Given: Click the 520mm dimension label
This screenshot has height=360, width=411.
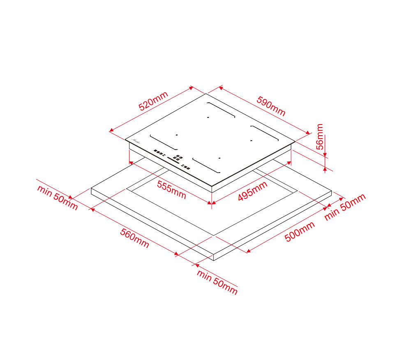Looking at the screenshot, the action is point(153,101).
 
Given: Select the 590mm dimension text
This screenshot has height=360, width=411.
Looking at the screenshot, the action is point(271,106).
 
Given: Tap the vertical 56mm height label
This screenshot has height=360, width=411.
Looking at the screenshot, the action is point(320,137).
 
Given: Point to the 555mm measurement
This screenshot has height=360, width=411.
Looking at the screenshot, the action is point(171,190).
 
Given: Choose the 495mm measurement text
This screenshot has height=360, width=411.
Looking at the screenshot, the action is point(253,191).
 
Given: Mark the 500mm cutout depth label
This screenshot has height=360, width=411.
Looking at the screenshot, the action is point(300,231).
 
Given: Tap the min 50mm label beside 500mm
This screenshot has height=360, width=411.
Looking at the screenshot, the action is point(345,207).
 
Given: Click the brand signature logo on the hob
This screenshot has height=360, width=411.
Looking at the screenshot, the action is point(136,141).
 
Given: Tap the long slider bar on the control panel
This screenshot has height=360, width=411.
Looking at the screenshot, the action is point(173,160).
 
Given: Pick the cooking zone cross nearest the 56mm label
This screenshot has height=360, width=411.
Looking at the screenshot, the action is point(251,141).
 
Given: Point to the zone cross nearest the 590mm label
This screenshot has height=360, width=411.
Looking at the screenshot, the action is point(208,118).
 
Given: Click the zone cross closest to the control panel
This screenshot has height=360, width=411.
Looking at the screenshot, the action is point(177,135).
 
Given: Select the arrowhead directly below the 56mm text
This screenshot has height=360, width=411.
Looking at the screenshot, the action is point(325,155).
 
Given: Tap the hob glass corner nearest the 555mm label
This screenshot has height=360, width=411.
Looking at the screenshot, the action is point(212,186).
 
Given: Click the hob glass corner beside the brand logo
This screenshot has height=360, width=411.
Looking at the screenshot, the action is point(125,140).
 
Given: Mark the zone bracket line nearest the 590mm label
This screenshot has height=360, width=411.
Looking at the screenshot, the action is point(221,110).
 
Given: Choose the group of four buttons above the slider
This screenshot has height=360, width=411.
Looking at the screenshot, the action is point(178,157).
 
